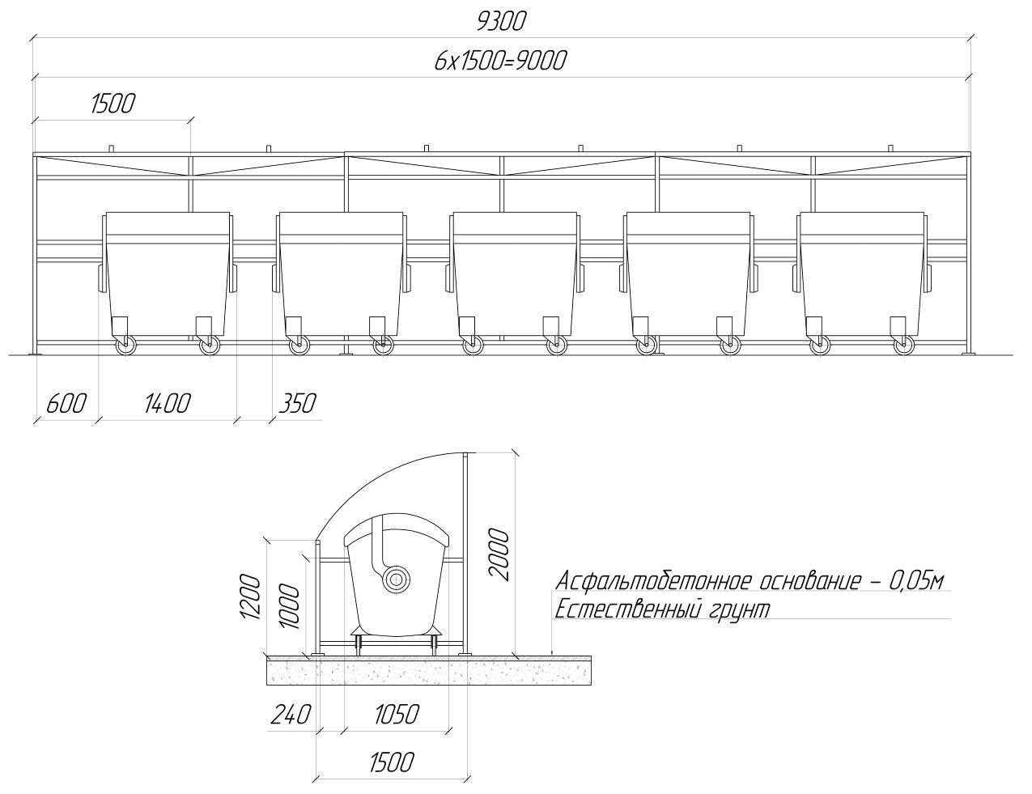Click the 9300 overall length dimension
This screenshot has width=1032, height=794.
502,22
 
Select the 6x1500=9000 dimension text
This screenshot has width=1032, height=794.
500,62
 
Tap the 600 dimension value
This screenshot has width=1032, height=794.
66,403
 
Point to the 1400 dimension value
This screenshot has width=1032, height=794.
168,403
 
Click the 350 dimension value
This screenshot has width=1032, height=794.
297,403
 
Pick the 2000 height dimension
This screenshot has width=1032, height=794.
499,554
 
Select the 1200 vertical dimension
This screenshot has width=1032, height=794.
250,597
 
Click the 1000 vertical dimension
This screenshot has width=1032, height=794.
289,606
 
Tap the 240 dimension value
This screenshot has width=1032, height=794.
291,714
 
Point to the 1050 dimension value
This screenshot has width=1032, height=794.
397,714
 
